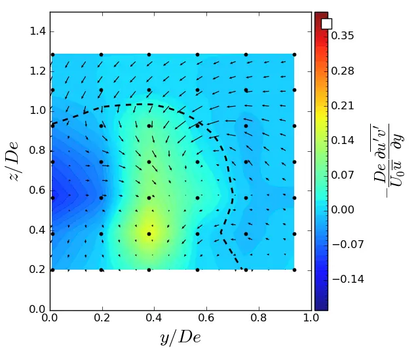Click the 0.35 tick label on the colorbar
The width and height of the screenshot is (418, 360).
point(343,36)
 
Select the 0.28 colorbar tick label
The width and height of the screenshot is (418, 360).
point(343,71)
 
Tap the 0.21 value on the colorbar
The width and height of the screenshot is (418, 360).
point(343,105)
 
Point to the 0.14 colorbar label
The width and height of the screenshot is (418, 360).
point(343,140)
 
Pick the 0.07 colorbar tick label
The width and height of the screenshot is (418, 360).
point(343,175)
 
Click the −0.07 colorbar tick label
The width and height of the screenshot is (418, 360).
point(345,244)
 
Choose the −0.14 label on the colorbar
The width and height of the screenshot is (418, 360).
point(345,279)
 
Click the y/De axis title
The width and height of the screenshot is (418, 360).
point(180,338)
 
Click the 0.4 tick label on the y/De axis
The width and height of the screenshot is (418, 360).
point(155,319)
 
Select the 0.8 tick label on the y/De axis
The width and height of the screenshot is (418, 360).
point(259,319)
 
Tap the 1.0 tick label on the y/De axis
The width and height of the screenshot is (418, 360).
point(311,319)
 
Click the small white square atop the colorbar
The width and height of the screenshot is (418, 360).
point(326,24)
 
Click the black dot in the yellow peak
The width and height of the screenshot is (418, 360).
point(149,234)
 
